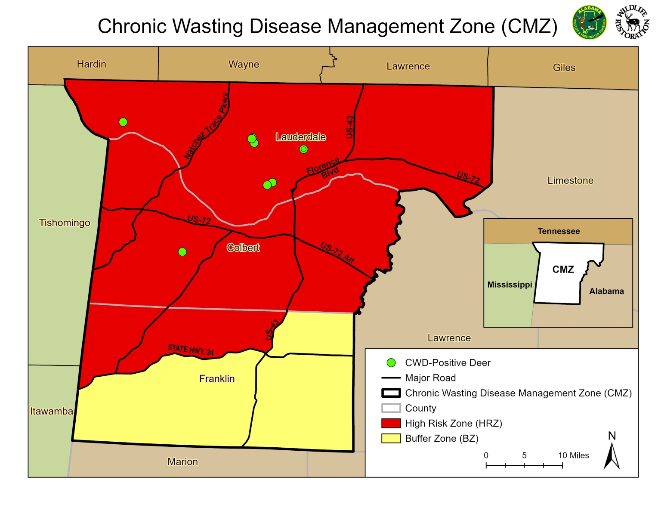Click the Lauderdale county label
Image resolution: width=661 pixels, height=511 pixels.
301,137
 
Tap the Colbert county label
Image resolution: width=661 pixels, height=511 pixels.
243,248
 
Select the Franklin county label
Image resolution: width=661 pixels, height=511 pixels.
217,378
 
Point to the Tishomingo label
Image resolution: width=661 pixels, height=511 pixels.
65,223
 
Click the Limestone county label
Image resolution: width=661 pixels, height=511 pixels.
570,180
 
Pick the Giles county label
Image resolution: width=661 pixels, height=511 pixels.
564,68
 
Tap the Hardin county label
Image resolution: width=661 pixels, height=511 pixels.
91,64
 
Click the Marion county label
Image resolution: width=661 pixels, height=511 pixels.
182,461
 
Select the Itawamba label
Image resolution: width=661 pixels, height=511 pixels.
51,411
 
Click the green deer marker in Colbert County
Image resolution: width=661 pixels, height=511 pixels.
182,252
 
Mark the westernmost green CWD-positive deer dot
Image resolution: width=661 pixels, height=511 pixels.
123,122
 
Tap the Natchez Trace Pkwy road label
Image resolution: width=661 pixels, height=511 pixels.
206,126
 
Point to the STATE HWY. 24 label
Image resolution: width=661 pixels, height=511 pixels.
191,350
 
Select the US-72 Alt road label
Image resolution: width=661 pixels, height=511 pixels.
337,253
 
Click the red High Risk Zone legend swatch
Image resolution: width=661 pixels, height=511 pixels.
391,423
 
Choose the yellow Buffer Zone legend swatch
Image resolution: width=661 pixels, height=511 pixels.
391,438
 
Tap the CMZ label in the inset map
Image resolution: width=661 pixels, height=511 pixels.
563,269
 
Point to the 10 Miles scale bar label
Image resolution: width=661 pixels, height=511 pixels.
573,455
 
